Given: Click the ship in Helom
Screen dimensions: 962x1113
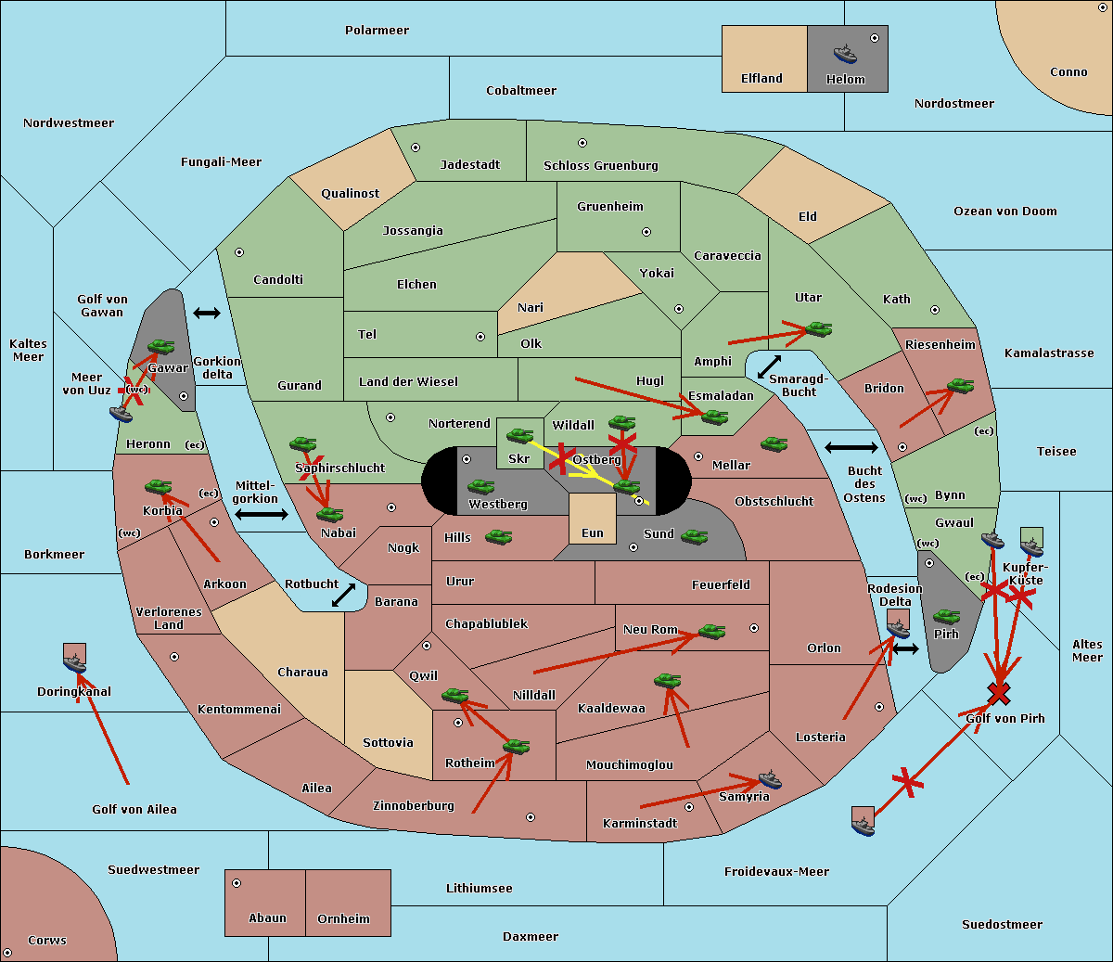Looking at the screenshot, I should (845, 53).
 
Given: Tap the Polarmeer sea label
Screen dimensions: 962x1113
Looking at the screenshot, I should (377, 31).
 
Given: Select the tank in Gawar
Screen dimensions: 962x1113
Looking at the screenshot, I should (160, 347).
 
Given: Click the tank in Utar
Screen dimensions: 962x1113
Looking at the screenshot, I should (818, 329).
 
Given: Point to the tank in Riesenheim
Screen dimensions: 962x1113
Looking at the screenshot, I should (960, 386).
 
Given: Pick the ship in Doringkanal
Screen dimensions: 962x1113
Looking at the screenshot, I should (74, 663).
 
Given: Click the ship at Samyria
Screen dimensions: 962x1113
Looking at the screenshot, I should (770, 779).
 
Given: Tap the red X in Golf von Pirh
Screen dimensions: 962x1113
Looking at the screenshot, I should (999, 693).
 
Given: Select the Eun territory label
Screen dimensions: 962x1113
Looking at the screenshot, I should (593, 533).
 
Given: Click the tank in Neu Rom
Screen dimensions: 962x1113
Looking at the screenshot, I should (711, 632).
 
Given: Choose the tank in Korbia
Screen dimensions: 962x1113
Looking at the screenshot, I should (158, 487).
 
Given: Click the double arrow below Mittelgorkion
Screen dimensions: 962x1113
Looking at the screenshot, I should (262, 515).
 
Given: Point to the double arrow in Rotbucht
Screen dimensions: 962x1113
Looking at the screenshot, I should (344, 595).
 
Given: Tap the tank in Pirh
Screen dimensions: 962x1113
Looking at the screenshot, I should (946, 617).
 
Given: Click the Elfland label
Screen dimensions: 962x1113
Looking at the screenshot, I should (761, 79).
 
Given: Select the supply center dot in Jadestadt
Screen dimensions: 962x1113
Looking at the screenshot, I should (416, 148).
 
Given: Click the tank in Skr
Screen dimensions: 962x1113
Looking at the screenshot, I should (519, 435).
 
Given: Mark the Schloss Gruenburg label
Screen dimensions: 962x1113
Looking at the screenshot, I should (600, 166).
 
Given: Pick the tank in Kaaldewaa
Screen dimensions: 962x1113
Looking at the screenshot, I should (667, 681).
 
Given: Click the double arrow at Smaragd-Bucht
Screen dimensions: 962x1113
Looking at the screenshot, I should (770, 367).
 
